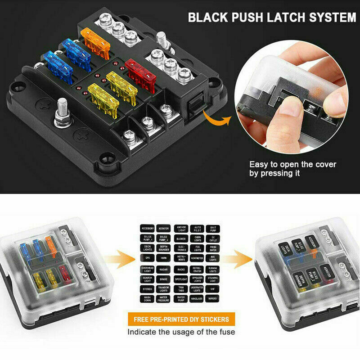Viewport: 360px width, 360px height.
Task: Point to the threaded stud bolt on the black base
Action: [61, 113]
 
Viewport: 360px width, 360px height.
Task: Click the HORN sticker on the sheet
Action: [163, 257]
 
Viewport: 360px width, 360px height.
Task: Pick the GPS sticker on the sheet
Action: [147, 257]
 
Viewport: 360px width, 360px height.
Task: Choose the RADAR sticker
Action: [163, 270]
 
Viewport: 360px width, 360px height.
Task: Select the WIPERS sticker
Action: [212, 297]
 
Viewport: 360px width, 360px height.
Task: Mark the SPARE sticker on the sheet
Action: [163, 279]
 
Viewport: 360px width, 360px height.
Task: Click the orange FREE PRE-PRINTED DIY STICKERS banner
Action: [181, 319]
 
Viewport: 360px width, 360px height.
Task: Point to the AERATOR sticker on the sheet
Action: [163, 229]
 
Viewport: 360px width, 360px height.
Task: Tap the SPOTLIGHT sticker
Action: [180, 279]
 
